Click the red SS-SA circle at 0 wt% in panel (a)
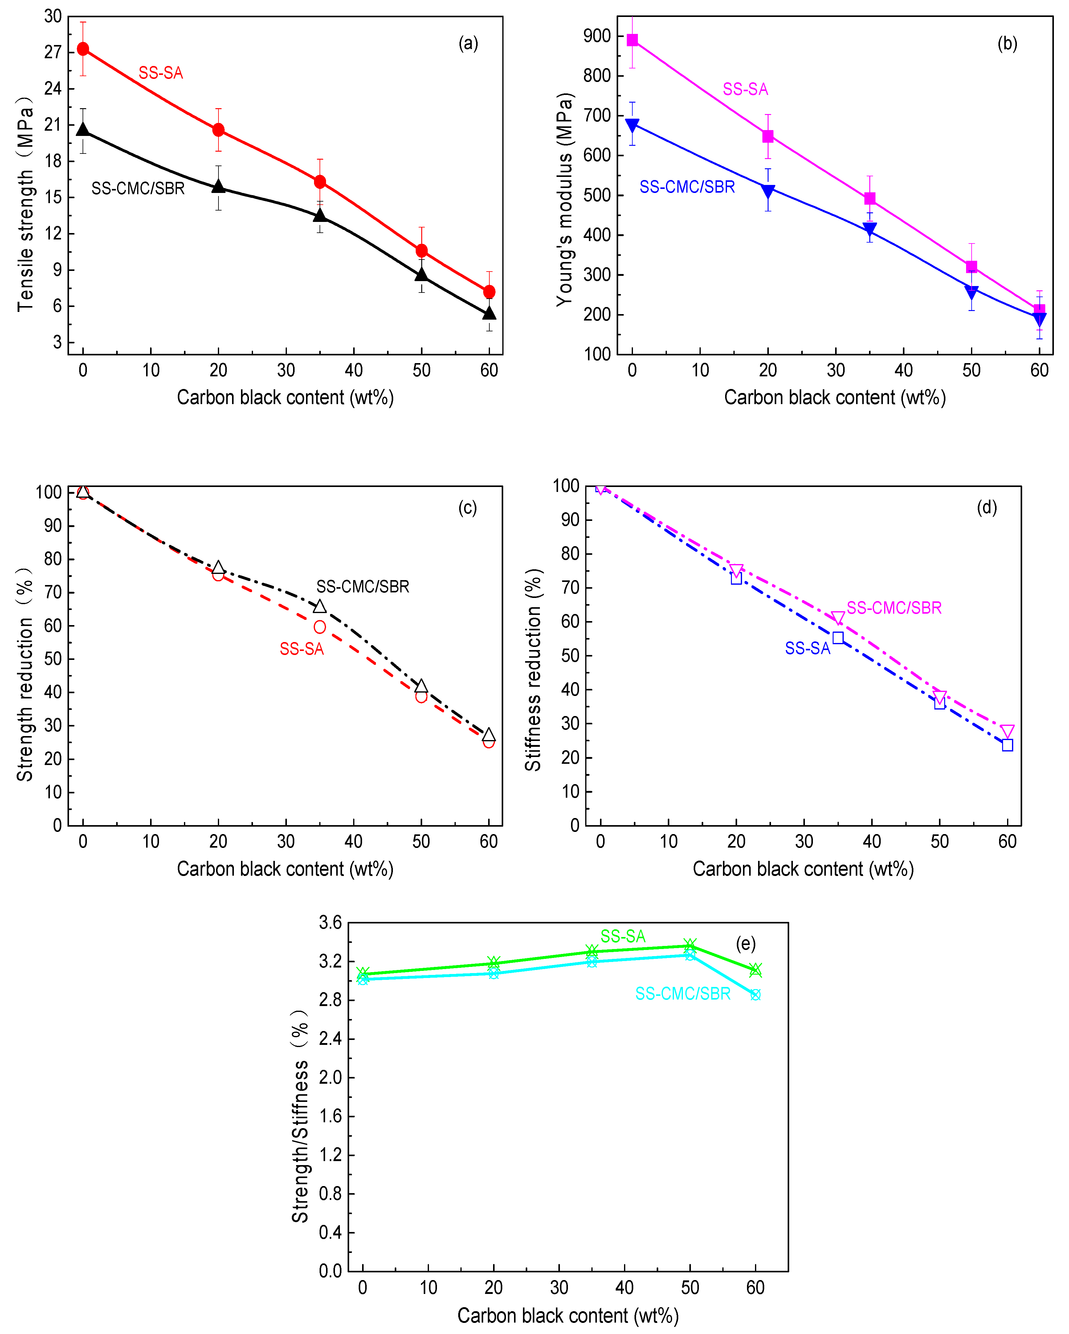83,49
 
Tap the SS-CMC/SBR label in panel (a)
138,188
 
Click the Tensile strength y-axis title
25,204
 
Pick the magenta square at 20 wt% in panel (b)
768,136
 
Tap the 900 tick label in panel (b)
597,36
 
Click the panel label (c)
468,507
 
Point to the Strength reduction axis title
25,674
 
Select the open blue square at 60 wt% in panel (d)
1007,745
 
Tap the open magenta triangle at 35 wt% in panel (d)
838,617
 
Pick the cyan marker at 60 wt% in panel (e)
755,995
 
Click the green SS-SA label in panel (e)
622,936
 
